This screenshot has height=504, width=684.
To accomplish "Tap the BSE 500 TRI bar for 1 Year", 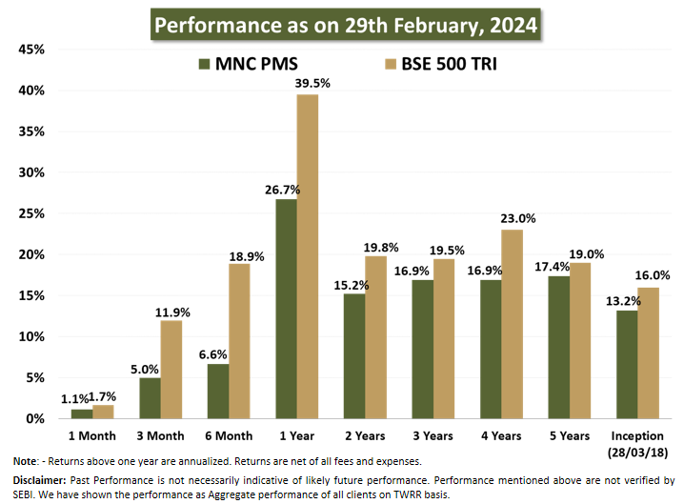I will pos(308,256).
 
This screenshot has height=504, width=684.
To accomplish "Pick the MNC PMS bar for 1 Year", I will pos(286,309).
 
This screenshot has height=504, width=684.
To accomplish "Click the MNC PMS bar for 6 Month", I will pos(218,391).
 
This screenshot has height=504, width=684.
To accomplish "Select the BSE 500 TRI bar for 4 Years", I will pos(512,324).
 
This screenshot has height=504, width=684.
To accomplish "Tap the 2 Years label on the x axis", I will pos(365,435).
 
